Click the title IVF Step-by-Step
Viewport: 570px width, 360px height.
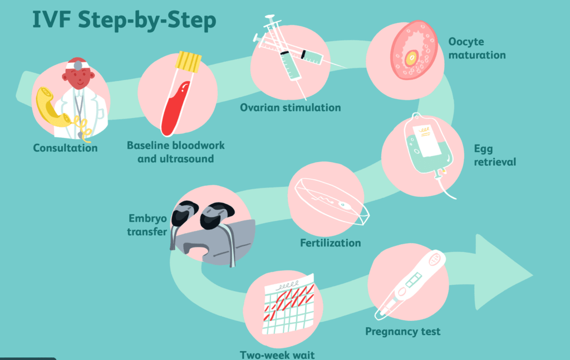pyautogui.click(x=124, y=20)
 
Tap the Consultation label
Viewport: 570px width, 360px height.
pyautogui.click(x=66, y=148)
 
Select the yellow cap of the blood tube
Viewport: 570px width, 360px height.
pyautogui.click(x=188, y=62)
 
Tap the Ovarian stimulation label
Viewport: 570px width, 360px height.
pyautogui.click(x=291, y=107)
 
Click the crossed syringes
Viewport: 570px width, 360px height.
pyautogui.click(x=291, y=55)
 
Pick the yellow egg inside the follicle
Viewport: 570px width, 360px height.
pyautogui.click(x=411, y=58)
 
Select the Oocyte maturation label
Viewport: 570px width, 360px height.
pyautogui.click(x=477, y=48)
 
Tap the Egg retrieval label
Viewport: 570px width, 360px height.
pyautogui.click(x=495, y=155)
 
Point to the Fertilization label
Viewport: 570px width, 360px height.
pyautogui.click(x=331, y=243)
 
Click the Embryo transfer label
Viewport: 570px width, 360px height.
pyautogui.click(x=147, y=225)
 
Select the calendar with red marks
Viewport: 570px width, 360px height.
pyautogui.click(x=288, y=304)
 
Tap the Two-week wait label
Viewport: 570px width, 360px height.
pyautogui.click(x=277, y=355)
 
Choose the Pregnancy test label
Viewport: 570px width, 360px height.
pyautogui.click(x=403, y=331)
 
